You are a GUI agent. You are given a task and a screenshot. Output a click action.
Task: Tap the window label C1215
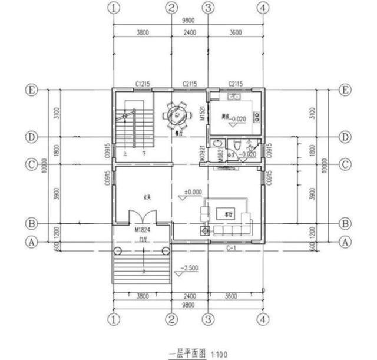tap(141, 84)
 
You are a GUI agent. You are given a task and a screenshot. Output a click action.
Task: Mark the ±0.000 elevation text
tap(193, 191)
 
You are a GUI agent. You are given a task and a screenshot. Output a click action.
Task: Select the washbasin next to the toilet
tap(219, 144)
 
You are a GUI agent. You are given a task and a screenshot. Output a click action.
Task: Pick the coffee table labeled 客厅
tap(224, 212)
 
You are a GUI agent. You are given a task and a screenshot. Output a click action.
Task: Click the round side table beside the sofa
tap(205, 230)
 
